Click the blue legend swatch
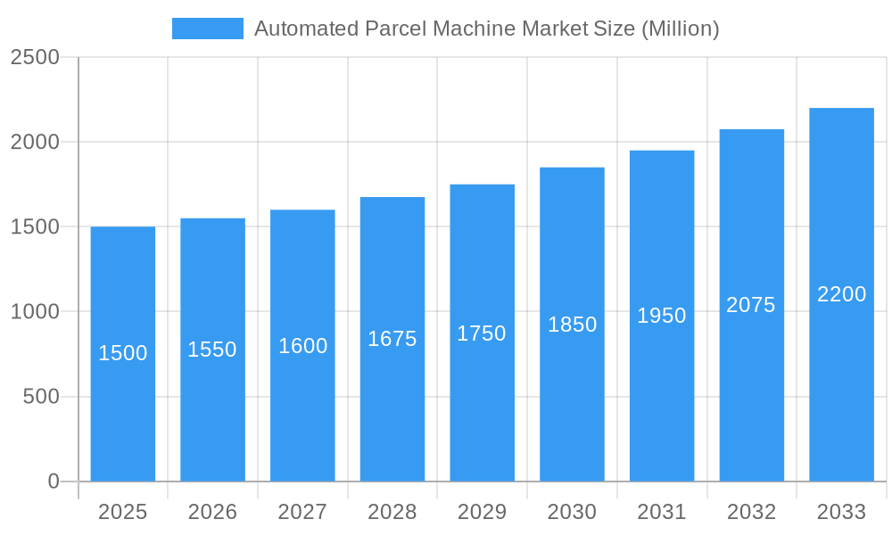207,29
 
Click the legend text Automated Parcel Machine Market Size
486,29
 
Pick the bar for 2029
482,410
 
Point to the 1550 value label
212,350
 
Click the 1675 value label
392,339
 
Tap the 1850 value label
572,325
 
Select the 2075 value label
751,305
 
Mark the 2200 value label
841,294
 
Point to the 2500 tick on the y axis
35,57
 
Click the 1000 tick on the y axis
35,312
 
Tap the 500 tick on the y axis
41,397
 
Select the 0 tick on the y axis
53,481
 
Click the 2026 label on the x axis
212,512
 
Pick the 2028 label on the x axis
392,512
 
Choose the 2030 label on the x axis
572,512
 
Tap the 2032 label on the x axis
751,512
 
